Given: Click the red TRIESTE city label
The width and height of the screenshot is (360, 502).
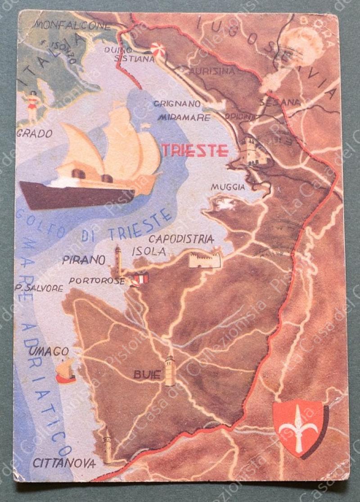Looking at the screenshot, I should (x=195, y=150).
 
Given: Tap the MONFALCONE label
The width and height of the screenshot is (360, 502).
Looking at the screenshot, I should (x=73, y=25).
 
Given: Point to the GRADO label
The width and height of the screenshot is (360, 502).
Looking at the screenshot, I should (x=34, y=134).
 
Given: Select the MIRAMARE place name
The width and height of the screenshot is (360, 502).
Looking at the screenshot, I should (x=184, y=117).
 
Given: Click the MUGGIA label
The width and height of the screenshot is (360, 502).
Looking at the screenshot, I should (x=228, y=187).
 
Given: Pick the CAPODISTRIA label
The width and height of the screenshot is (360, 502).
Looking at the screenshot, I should (x=181, y=239).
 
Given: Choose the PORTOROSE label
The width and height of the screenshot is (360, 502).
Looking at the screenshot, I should (x=96, y=281).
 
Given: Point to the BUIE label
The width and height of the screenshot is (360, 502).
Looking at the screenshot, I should (x=147, y=374).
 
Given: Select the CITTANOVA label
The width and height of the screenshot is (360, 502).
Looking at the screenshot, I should (x=64, y=463).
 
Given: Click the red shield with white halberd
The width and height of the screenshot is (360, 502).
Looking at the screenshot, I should (x=298, y=427).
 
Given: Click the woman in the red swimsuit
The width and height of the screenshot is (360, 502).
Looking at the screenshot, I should (x=33, y=106).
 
